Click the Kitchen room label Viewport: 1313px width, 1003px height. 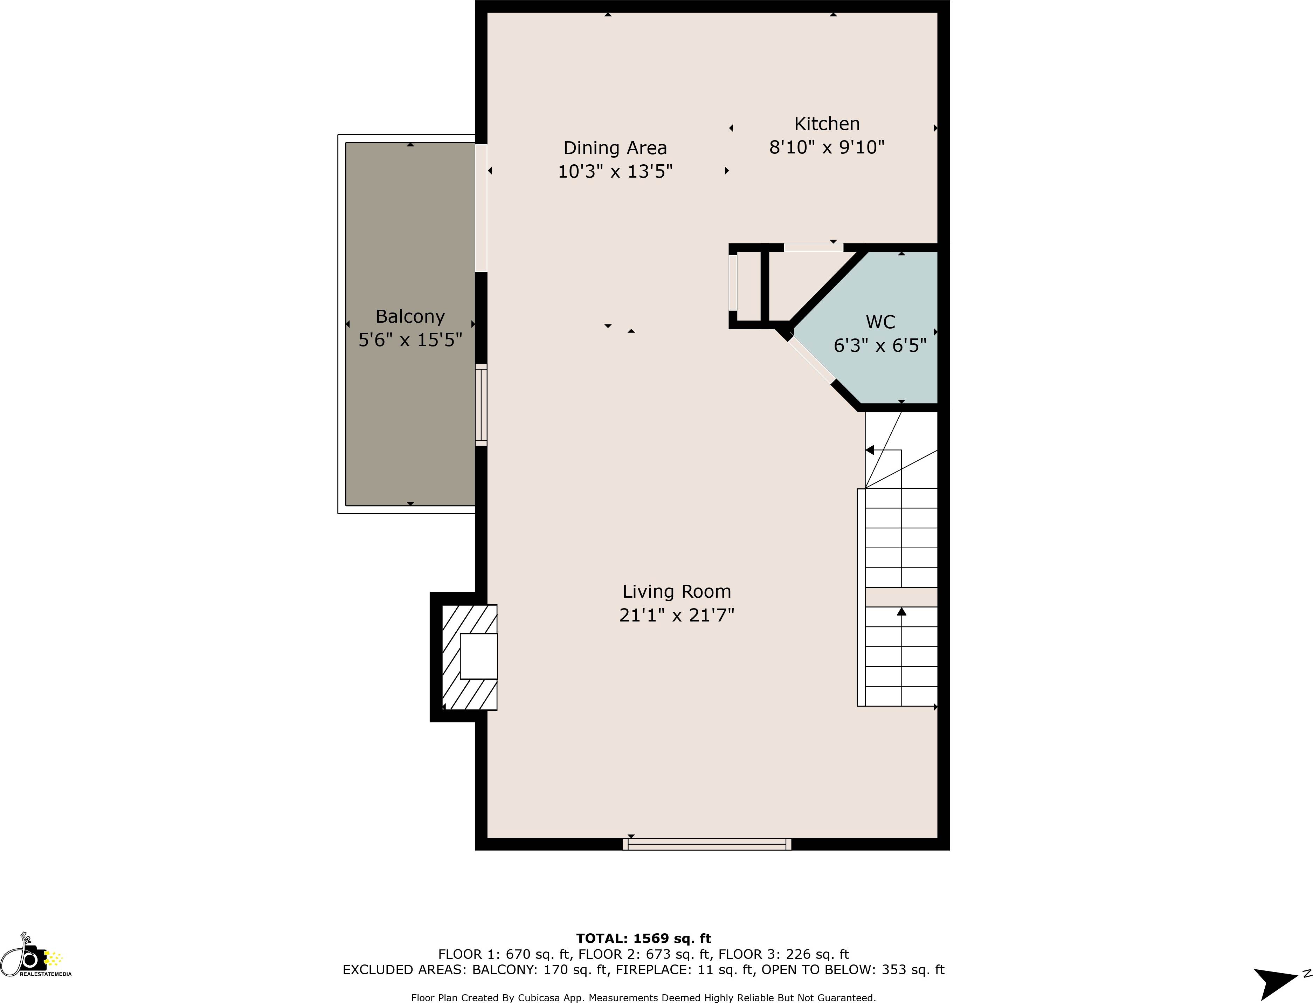click(x=827, y=124)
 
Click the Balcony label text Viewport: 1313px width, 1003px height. click(x=410, y=316)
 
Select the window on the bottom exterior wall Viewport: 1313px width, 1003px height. click(x=707, y=844)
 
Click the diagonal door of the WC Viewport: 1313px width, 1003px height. click(x=812, y=360)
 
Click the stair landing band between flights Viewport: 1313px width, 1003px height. click(x=901, y=597)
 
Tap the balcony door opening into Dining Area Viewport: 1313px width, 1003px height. click(x=481, y=208)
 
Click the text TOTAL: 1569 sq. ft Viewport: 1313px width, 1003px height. click(x=643, y=939)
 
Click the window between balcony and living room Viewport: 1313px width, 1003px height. click(x=481, y=405)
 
